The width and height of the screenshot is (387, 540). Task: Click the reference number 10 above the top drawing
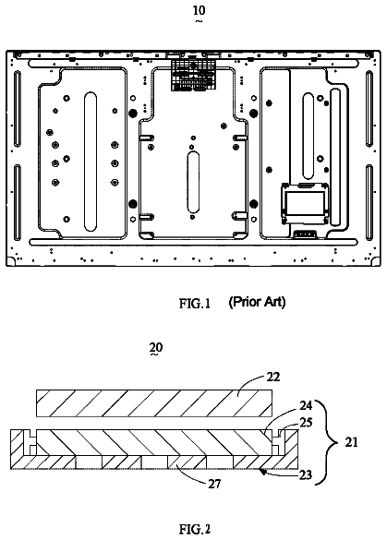coord(199,11)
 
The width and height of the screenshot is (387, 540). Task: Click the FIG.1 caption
coord(195,304)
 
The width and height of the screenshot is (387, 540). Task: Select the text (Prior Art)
coord(257,302)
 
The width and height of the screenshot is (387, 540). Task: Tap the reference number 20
coord(156,347)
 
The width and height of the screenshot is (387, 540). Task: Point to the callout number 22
coord(273,378)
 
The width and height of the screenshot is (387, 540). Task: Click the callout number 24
coord(306,406)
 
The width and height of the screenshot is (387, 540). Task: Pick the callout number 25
coord(306,422)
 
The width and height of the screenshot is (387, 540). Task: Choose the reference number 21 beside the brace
coord(351,442)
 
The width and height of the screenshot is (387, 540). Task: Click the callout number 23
coord(306,474)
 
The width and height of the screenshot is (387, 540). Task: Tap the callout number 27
coord(214,484)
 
